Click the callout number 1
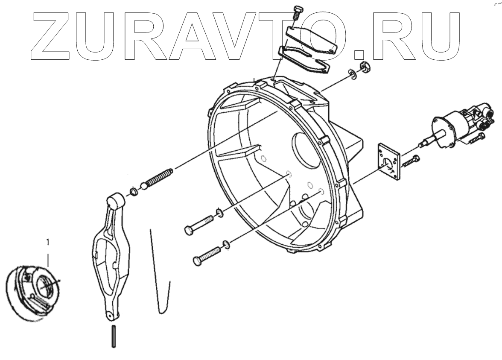48,242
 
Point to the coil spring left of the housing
160,178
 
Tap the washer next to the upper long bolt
219,212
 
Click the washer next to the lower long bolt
226,245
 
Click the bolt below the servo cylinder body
476,138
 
